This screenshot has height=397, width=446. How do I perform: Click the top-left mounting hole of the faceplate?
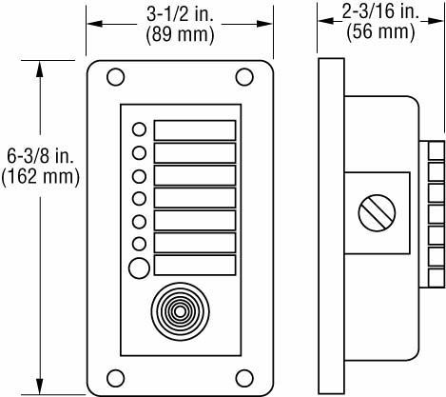click(x=115, y=76)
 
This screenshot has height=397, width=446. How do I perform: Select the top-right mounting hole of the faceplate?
click(x=244, y=76)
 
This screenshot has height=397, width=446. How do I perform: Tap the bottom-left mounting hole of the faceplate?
click(x=115, y=375)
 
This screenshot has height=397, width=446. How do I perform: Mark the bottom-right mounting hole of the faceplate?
click(x=244, y=375)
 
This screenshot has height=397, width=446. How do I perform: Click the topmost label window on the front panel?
click(x=194, y=129)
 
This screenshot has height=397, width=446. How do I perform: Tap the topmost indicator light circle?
click(x=140, y=129)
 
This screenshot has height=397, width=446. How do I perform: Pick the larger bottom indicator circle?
click(x=140, y=268)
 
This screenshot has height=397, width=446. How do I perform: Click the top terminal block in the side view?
click(x=436, y=150)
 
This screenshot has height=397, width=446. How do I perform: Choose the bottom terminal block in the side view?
click(x=436, y=276)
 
